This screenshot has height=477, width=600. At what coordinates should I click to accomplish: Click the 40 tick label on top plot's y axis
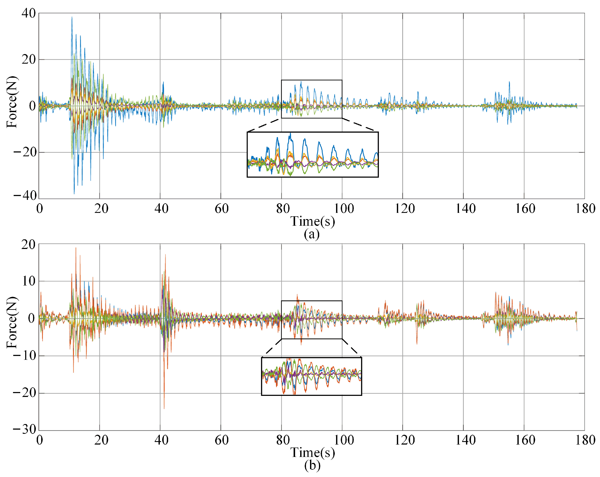[x=29, y=13]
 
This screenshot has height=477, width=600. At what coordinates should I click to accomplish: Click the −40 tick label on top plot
[x=25, y=196]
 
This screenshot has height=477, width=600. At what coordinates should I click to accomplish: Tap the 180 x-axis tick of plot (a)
[x=585, y=209]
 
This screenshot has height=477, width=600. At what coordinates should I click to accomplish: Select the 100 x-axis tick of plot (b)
[x=343, y=440]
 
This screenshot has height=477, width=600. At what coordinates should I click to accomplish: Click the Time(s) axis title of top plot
[x=313, y=222]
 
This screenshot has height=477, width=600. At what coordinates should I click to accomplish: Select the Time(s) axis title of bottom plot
[x=313, y=453]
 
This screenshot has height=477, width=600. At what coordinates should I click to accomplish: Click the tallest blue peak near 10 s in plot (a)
[x=72, y=17]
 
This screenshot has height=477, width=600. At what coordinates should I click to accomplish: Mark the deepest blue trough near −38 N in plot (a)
[x=74, y=193]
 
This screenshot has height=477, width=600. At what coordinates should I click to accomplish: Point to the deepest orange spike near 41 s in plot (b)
[x=164, y=408]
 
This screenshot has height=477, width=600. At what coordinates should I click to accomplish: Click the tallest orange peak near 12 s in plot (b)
[x=76, y=248]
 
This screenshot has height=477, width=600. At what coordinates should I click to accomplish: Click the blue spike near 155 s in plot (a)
[x=509, y=82]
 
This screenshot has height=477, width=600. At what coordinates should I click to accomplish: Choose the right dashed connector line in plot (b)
[x=352, y=348]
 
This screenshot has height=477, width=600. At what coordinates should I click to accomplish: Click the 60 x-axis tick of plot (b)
[x=221, y=440]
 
